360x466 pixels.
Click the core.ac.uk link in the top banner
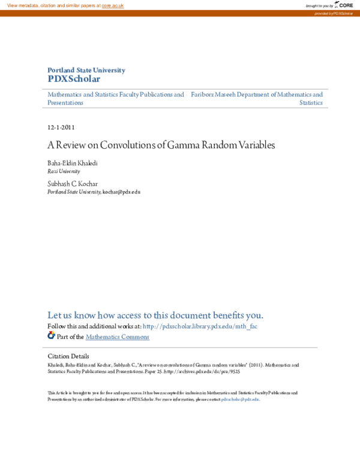[112, 5]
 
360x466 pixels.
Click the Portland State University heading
[86, 70]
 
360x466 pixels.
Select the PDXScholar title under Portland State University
[74, 79]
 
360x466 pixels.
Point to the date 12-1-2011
[61, 127]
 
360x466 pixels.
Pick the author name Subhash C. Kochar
[73, 183]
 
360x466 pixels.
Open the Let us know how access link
[155, 315]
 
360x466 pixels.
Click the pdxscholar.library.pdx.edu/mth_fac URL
[200, 326]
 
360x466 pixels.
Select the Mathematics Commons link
[118, 337]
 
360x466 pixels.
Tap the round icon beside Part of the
[51, 336]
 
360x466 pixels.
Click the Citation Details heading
[68, 356]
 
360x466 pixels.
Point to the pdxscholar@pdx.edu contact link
[240, 399]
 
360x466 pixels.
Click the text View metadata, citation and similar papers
[53, 5]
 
